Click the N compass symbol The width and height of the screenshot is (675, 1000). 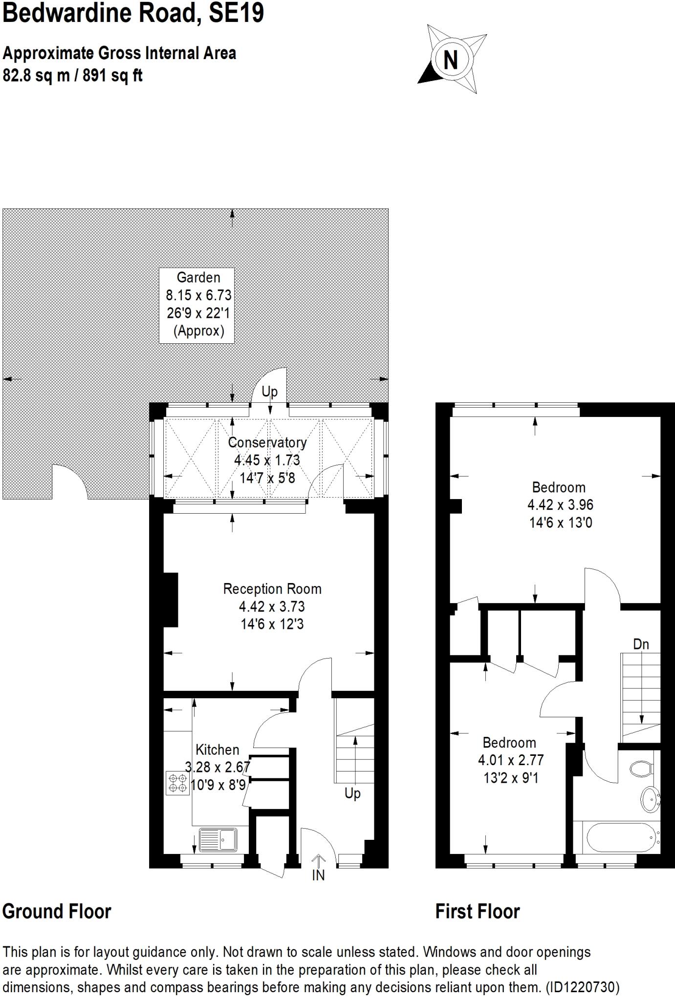pyautogui.click(x=450, y=60)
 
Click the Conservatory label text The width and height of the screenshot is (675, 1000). pyautogui.click(x=267, y=442)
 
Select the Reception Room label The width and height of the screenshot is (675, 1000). pyautogui.click(x=272, y=589)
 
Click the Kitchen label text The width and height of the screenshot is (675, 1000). pyautogui.click(x=218, y=750)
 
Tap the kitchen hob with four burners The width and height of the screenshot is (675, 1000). pyautogui.click(x=177, y=783)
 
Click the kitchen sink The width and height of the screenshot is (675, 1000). pyautogui.click(x=218, y=840)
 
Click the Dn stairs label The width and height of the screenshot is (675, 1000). pyautogui.click(x=641, y=645)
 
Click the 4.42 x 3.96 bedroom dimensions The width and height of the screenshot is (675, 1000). pyautogui.click(x=560, y=505)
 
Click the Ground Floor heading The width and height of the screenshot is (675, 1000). pyautogui.click(x=57, y=912)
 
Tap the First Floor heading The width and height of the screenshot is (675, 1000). pyautogui.click(x=478, y=912)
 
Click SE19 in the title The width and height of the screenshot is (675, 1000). pyautogui.click(x=236, y=13)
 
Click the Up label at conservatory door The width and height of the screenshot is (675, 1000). pyautogui.click(x=269, y=392)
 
